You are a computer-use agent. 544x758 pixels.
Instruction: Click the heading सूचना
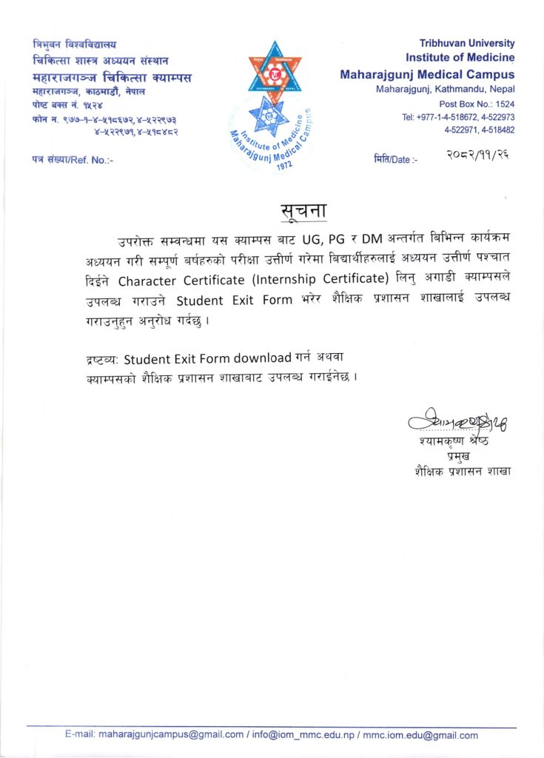304,210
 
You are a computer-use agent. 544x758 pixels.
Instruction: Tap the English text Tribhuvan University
466,44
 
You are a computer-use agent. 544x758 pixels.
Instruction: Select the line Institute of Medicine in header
460,58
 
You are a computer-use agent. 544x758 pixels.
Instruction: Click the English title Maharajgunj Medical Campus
427,75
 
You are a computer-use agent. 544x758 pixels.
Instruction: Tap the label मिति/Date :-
395,159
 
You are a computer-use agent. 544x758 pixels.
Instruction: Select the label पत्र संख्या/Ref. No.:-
73,159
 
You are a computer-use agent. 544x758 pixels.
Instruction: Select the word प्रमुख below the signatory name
470,456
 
